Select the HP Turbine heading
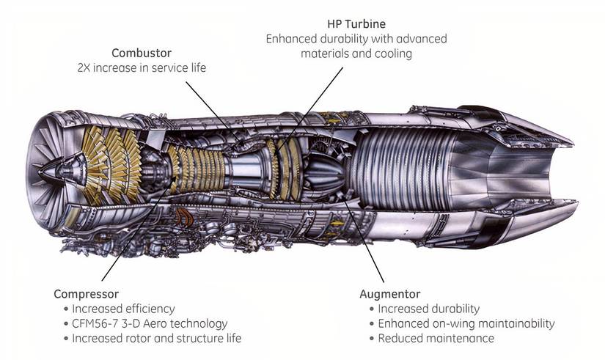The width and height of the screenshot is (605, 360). click(x=356, y=23)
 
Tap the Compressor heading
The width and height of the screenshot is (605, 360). click(x=86, y=294)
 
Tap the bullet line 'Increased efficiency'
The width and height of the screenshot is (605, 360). click(x=123, y=309)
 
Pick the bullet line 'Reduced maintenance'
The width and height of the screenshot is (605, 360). click(x=436, y=338)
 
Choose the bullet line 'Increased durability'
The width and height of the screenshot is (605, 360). click(x=428, y=309)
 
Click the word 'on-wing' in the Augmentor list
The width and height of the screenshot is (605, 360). click(x=452, y=323)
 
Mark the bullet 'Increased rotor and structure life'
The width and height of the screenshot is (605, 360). click(x=156, y=338)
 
